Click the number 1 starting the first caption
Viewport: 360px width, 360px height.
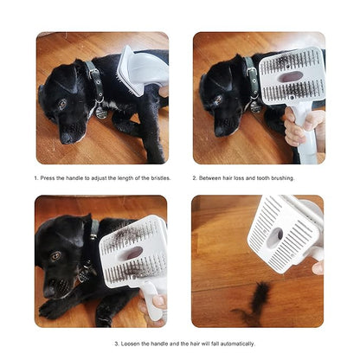pos(35,178)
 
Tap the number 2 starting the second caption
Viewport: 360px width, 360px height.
pos(195,178)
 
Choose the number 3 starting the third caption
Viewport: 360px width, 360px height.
pos(116,344)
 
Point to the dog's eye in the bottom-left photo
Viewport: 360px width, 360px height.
pos(56,256)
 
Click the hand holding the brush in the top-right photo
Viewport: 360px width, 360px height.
pos(303,128)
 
